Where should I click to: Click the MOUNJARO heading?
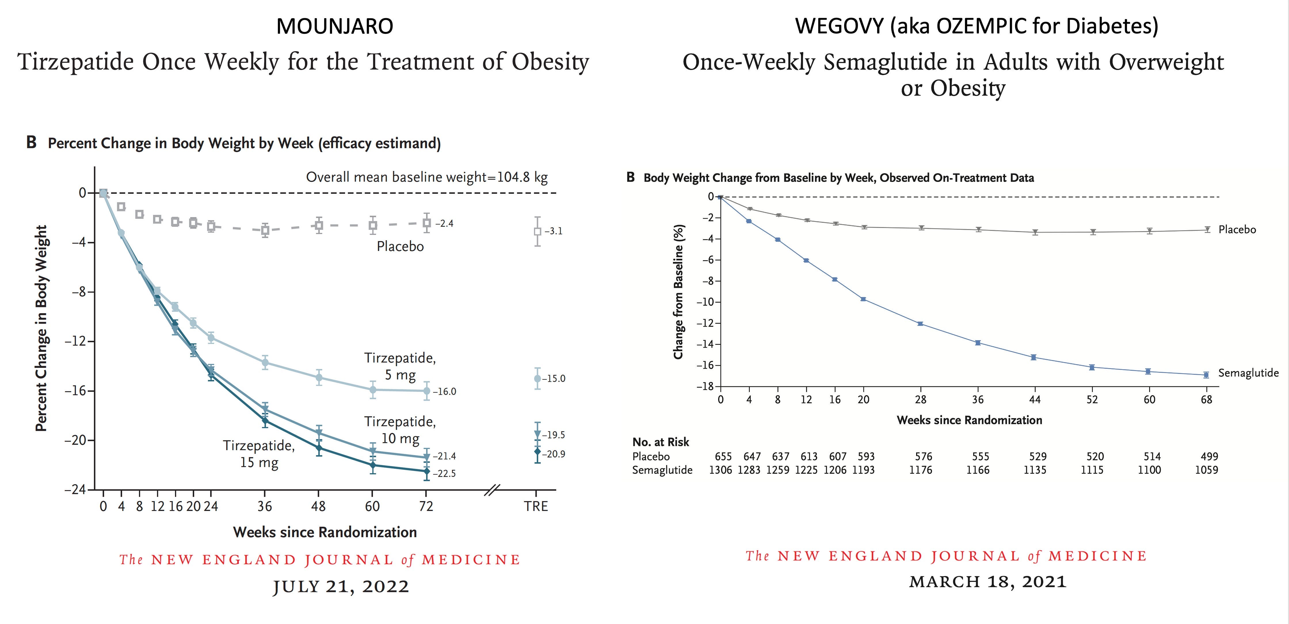334,26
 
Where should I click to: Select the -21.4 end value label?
444,456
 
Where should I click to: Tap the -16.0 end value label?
444,391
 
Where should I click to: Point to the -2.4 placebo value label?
444,223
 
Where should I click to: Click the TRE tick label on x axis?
536,506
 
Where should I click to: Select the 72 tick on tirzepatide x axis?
426,506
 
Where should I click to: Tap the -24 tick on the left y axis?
75,489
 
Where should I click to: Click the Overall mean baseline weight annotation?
426,177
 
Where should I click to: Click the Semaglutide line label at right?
1248,373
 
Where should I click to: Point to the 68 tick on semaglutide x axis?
1206,399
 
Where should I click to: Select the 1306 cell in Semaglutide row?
720,470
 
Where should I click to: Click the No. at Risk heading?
661,442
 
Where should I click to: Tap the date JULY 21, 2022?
341,586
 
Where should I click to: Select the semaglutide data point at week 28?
920,324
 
